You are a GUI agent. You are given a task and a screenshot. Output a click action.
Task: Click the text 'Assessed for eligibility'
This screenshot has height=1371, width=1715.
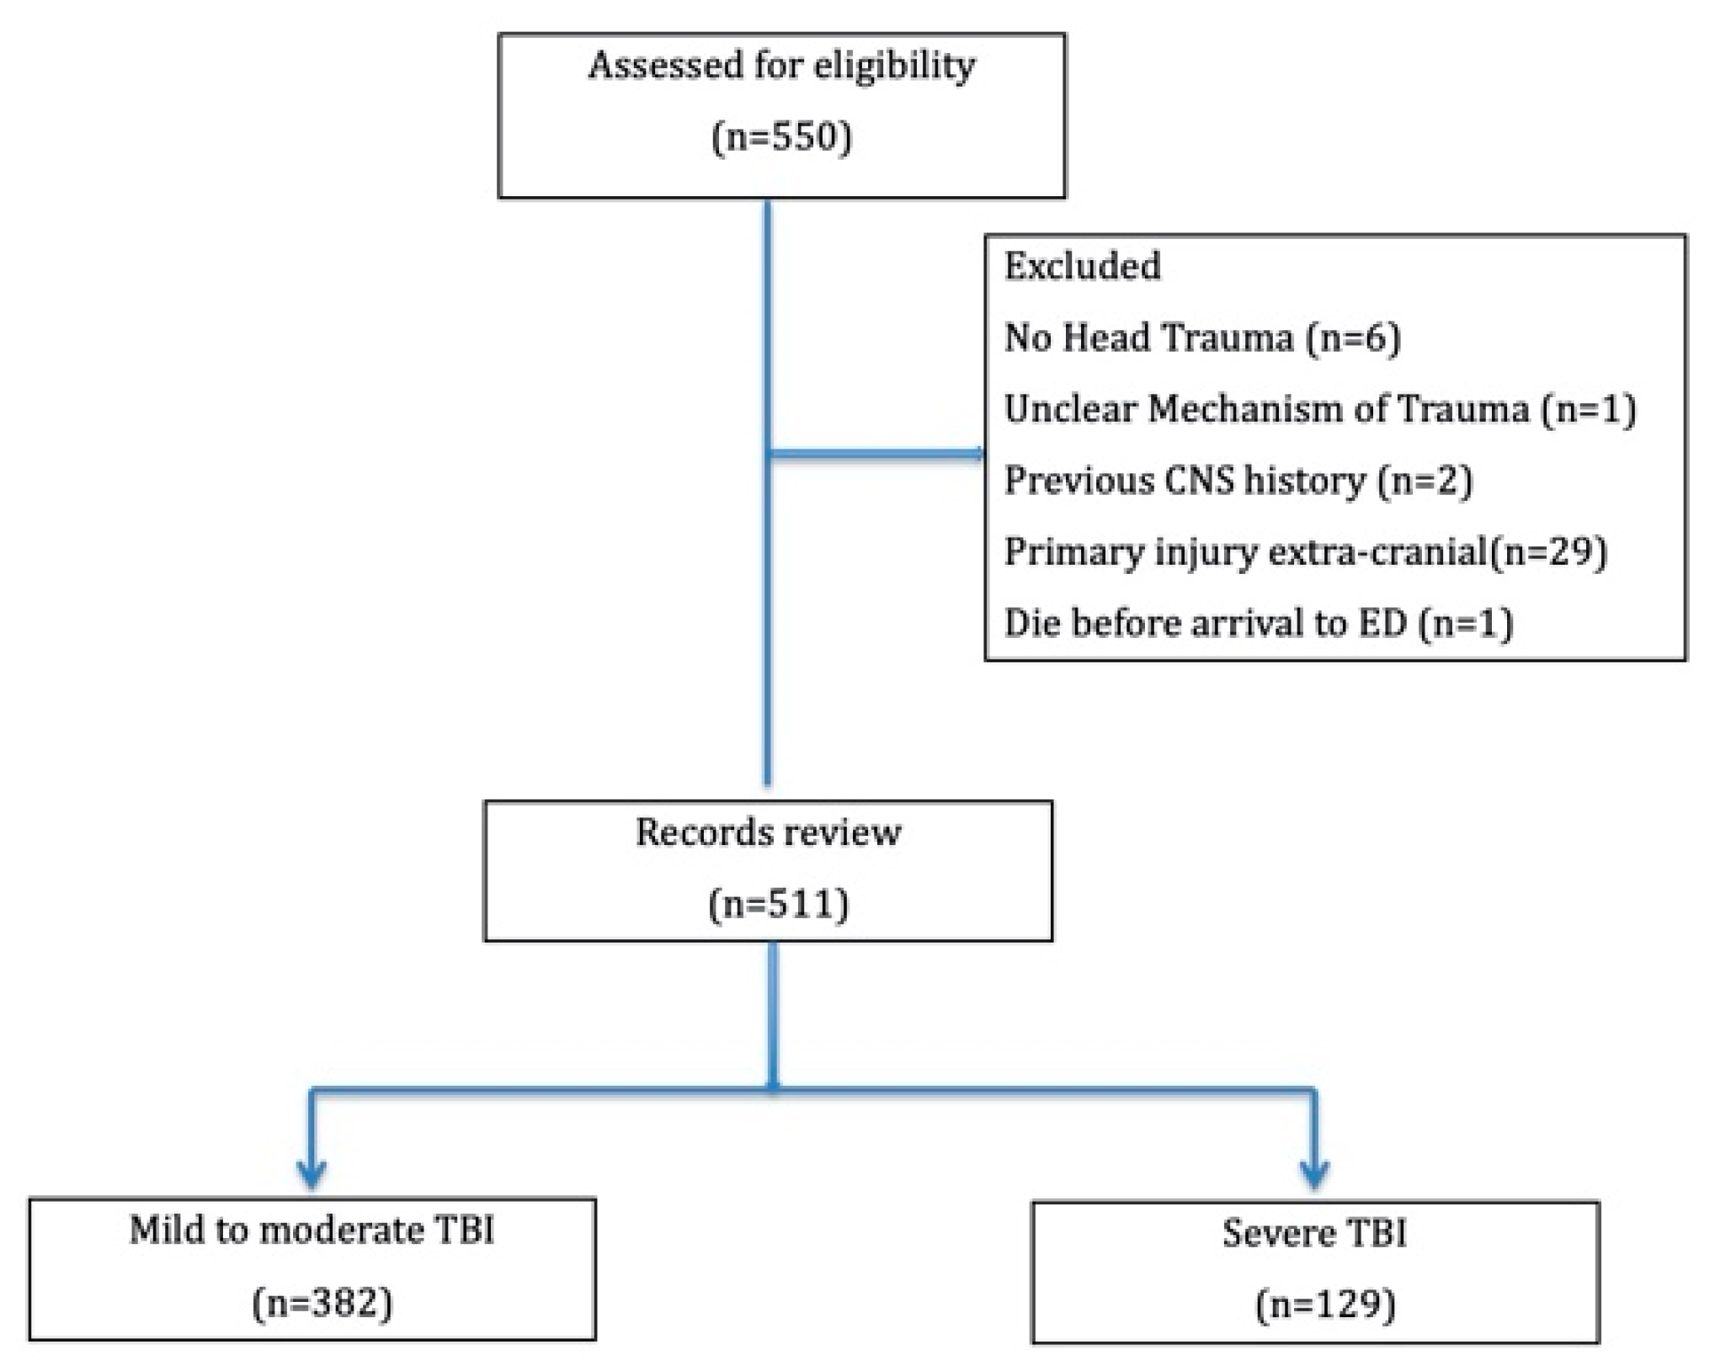tap(781, 66)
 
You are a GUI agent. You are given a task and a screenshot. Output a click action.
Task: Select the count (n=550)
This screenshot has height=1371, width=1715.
tap(781, 137)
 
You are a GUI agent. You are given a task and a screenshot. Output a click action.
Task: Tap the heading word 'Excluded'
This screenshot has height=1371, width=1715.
tap(1082, 267)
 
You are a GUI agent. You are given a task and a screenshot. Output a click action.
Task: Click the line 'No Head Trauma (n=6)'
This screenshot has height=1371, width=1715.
tap(1201, 338)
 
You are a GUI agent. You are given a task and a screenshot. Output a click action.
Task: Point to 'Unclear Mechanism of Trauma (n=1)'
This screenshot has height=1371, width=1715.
tap(1319, 410)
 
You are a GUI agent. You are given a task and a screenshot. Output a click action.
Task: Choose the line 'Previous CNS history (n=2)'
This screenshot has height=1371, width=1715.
tap(1238, 481)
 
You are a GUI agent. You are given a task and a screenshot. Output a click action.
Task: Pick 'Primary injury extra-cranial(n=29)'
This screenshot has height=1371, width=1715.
tap(1305, 553)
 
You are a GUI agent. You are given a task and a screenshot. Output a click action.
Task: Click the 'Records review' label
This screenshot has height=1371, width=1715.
tap(768, 833)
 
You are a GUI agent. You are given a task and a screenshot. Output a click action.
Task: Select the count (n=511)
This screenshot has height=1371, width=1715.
tap(778, 905)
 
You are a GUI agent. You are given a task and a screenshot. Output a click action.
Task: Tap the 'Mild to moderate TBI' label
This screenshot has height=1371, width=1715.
tap(312, 1231)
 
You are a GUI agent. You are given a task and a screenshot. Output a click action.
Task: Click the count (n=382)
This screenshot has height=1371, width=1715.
tap(322, 1304)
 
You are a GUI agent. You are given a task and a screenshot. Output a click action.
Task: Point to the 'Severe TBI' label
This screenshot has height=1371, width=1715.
tap(1314, 1234)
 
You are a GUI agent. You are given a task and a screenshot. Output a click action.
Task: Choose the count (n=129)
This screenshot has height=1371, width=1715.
tap(1324, 1305)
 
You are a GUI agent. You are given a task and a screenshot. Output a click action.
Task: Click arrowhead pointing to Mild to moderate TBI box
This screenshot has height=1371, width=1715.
tap(312, 1175)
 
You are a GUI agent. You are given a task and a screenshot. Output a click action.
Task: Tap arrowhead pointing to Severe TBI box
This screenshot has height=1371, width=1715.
tap(1314, 1175)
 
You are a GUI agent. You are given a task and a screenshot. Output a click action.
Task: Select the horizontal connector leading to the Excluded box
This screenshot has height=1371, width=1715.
tap(876, 454)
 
